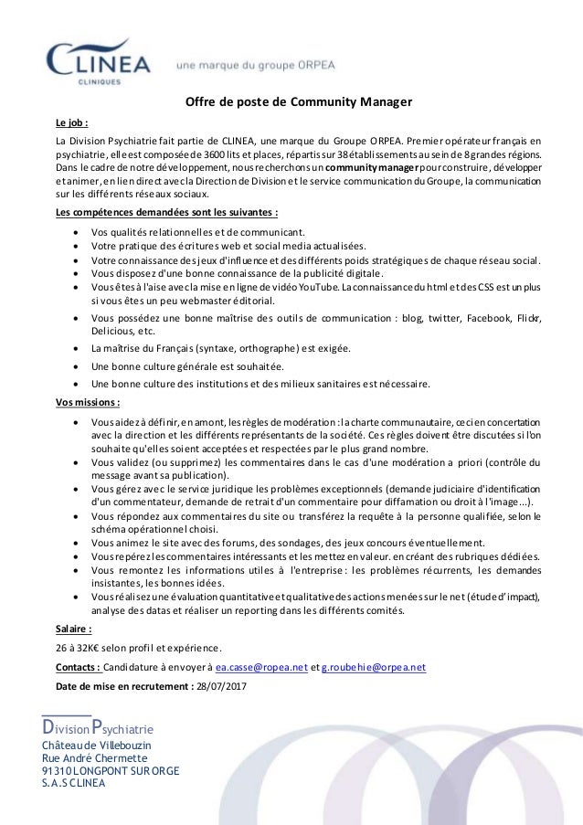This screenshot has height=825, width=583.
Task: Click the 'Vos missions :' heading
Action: coord(87,401)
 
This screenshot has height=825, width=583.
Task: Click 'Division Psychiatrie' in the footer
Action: coord(103,730)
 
